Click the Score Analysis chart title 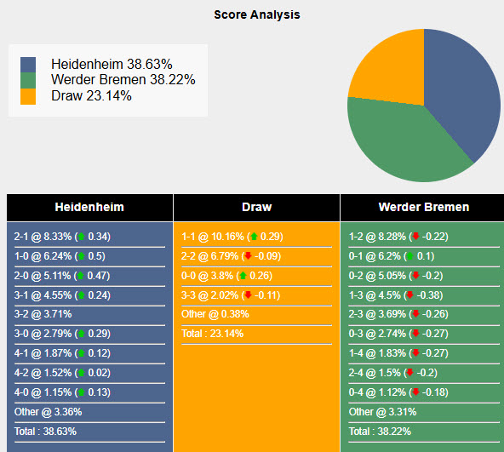(x=256, y=14)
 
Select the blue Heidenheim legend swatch (x=29, y=65)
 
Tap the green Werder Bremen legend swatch (x=29, y=80)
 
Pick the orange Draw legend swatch (x=29, y=96)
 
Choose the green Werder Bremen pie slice (x=400, y=145)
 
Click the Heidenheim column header (x=89, y=207)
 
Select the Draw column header (x=256, y=207)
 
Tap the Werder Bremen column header (x=423, y=207)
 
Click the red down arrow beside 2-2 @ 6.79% (x=248, y=255)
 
